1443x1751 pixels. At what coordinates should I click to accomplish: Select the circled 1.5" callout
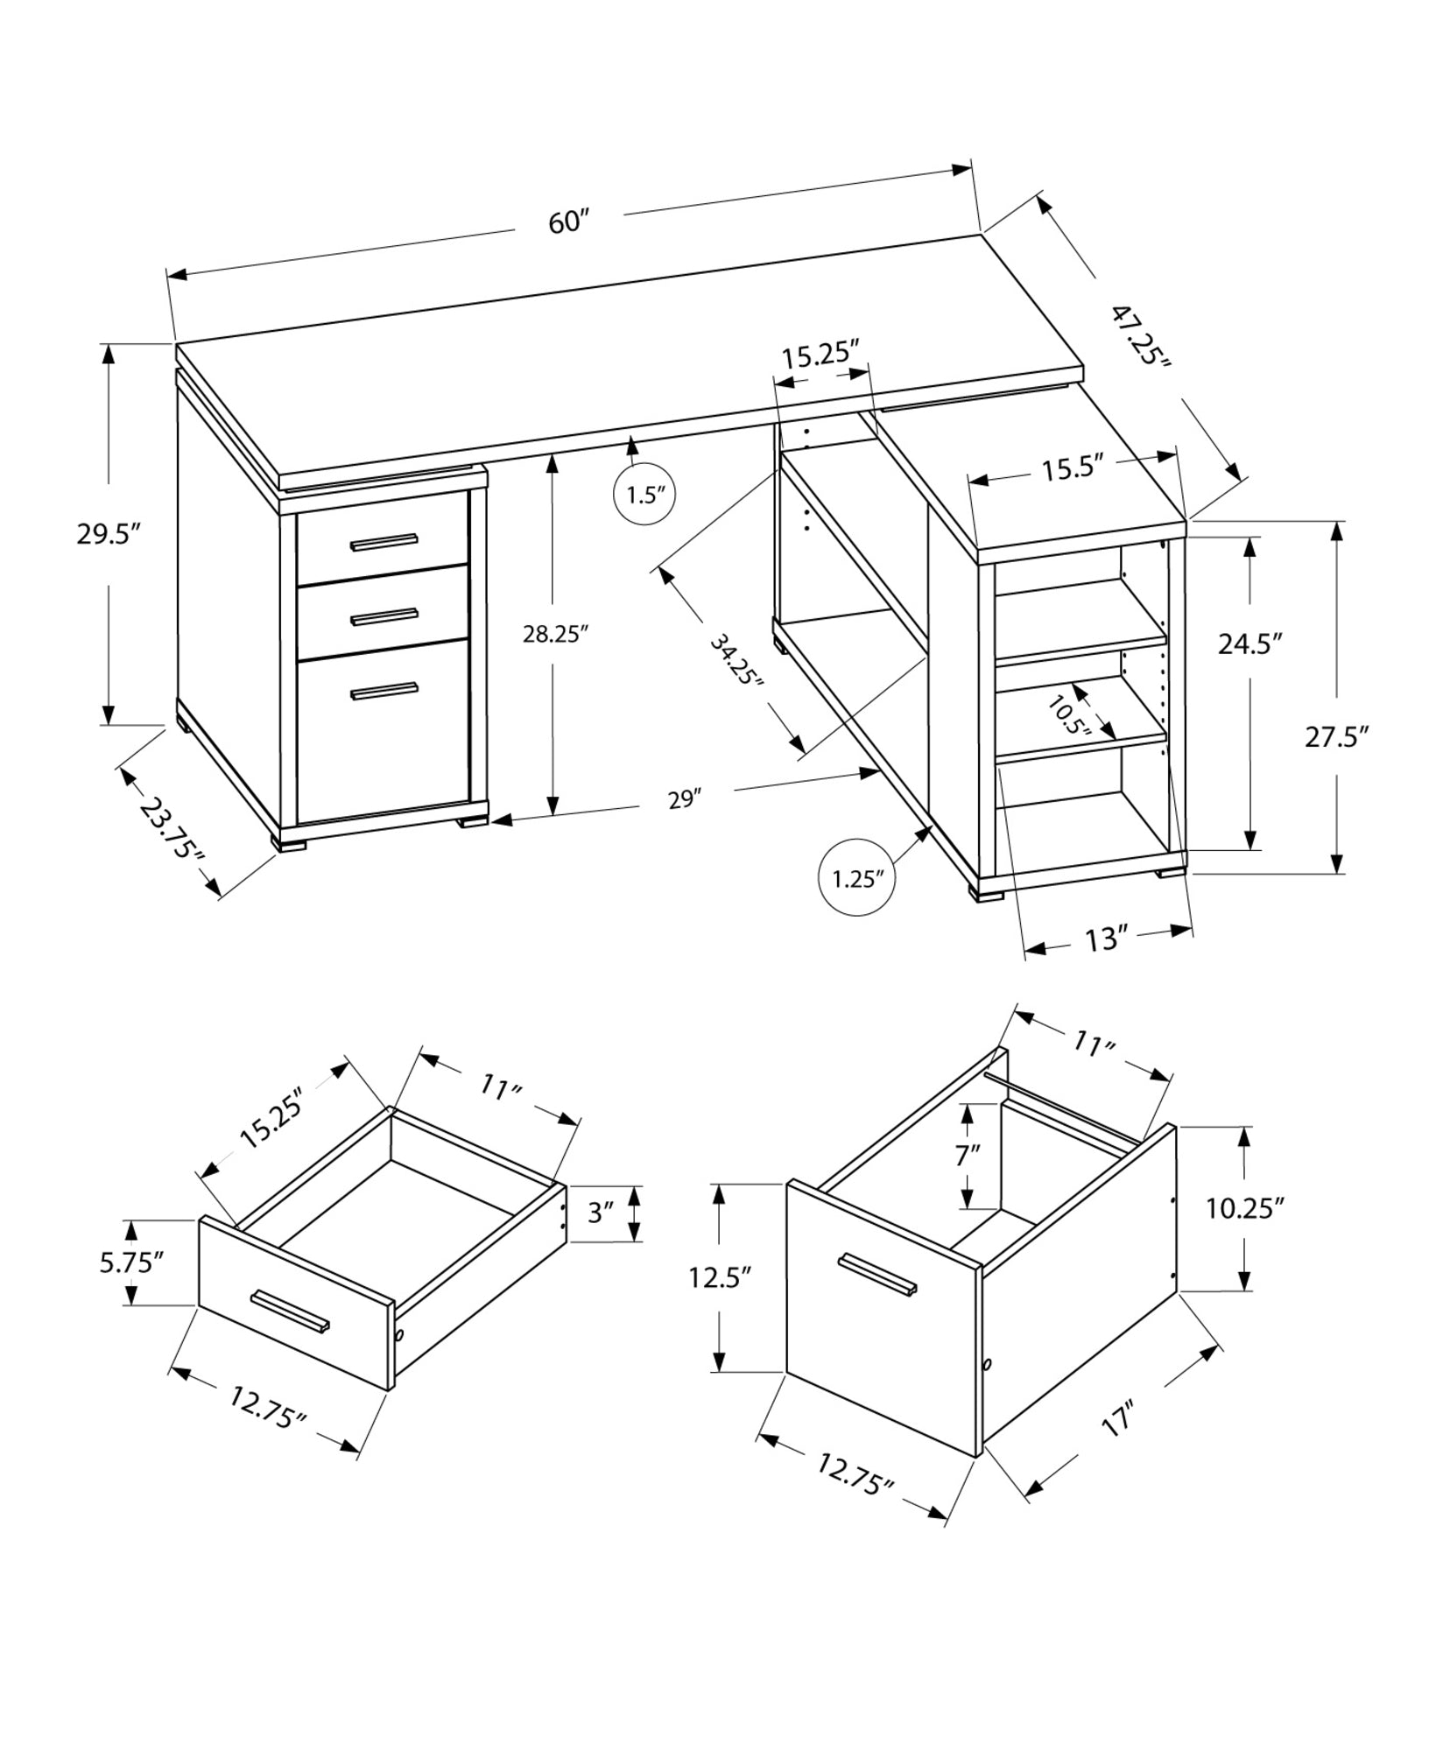pos(646,495)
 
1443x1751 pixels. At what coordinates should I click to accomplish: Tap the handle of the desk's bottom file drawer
pos(384,691)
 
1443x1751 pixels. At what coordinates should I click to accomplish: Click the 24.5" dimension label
pos(1250,644)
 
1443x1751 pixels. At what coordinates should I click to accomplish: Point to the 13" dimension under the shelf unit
pos(1104,940)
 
